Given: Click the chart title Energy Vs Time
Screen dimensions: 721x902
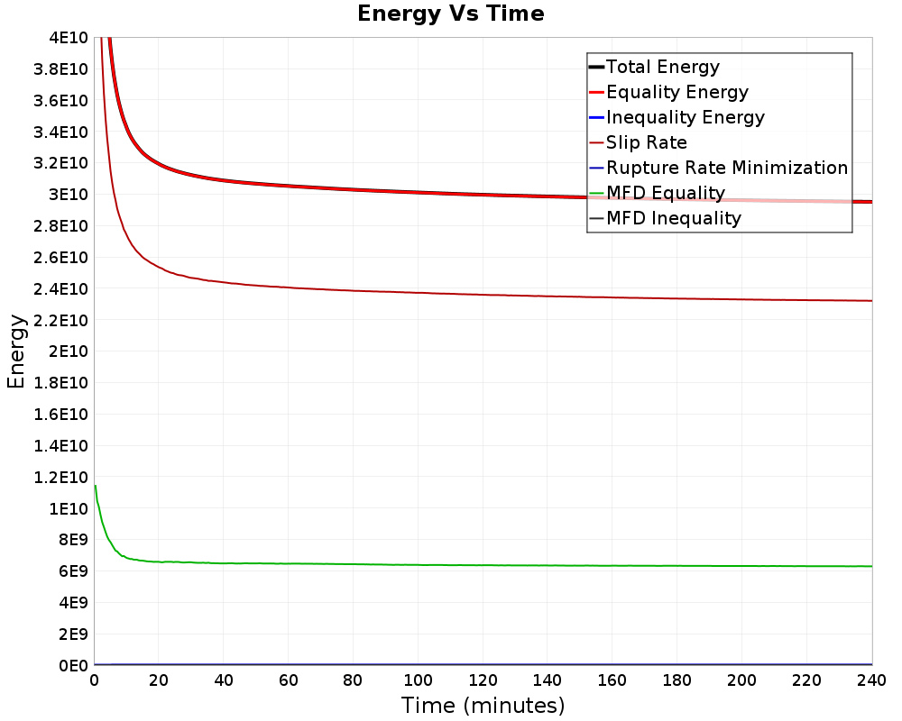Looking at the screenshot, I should pos(451,14).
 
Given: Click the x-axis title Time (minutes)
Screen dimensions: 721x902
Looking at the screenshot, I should pos(483,705).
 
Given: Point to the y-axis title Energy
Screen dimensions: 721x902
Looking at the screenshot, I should pos(15,351).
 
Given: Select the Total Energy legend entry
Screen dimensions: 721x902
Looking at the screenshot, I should pos(663,67).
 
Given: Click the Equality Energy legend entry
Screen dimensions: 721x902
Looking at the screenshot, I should pos(676,92).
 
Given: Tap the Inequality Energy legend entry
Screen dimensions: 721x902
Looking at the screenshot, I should pos(686,117).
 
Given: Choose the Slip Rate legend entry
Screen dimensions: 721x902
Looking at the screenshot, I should pos(647,142).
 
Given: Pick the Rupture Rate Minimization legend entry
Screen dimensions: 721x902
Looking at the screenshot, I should pos(727,168).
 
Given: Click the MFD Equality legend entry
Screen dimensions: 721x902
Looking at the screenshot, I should pos(666,193).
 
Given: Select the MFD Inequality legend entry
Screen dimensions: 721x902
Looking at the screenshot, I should pos(674,218).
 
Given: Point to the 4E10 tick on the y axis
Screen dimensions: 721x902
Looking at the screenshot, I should pos(68,37).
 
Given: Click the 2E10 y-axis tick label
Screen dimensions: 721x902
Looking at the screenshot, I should pos(68,351).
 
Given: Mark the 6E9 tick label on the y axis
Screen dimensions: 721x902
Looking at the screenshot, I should pos(71,571).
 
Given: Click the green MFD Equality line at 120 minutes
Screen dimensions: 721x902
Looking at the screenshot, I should pos(483,565).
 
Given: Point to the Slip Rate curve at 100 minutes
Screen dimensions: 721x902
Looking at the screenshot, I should pos(418,292).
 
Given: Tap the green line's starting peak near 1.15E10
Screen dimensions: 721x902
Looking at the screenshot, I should pos(95,486).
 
